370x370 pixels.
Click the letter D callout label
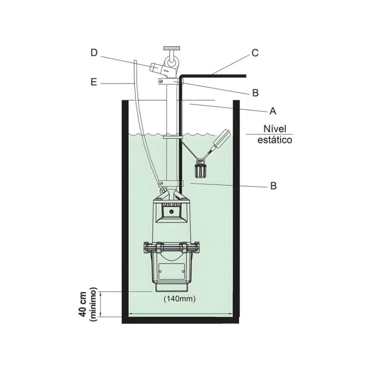(x=94, y=54)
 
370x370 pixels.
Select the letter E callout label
(x=94, y=83)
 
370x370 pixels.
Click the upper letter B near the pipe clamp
(x=255, y=93)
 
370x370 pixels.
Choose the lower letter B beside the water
(x=273, y=186)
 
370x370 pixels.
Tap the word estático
(x=274, y=140)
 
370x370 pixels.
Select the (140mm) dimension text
(x=179, y=299)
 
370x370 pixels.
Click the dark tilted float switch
(x=221, y=140)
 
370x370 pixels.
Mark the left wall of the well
(x=124, y=208)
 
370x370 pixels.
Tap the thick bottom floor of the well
(x=180, y=320)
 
